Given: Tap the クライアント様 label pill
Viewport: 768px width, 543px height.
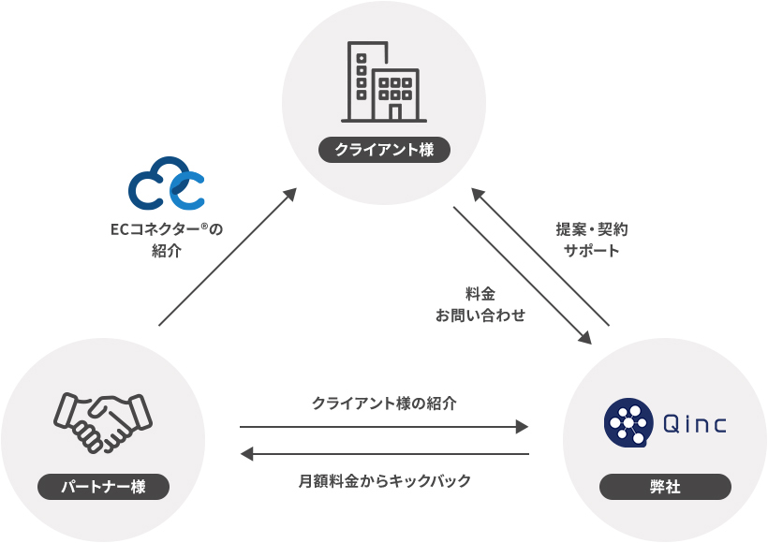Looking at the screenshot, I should click(384, 150).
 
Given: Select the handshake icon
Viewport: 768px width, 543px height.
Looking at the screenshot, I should click(103, 418).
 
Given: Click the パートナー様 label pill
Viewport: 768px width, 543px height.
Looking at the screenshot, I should click(103, 487).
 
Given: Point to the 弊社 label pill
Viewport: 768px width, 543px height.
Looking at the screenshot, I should click(665, 487).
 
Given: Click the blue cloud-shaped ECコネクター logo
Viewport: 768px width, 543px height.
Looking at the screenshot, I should click(167, 183).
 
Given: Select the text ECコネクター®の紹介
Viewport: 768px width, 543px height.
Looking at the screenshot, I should click(166, 239).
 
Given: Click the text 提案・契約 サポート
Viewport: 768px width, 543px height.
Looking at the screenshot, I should click(591, 240).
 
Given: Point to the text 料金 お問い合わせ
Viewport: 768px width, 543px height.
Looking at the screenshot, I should click(480, 304).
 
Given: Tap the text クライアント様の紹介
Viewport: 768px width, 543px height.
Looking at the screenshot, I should click(384, 404).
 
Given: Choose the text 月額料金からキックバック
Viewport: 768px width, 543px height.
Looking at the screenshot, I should click(384, 480).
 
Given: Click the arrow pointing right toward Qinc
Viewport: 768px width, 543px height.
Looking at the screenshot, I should click(384, 427).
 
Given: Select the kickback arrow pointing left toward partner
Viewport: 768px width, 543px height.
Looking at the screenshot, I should click(384, 454).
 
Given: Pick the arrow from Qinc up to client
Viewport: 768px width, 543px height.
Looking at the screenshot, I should click(540, 257).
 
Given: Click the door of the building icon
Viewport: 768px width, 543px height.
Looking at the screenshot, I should click(395, 112).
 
